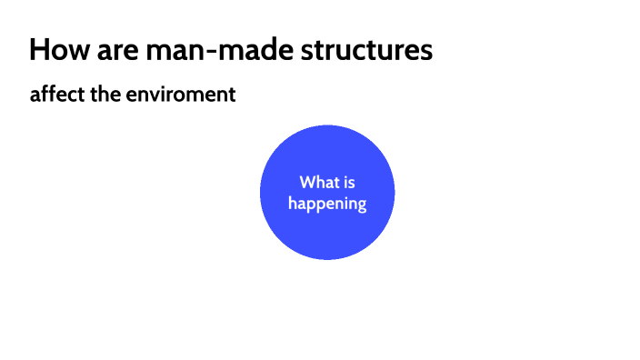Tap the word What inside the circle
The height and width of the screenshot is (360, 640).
[x=319, y=183]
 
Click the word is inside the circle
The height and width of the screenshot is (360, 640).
[x=349, y=183]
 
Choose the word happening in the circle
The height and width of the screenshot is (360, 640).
[x=327, y=204]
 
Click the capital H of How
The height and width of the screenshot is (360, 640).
[x=38, y=49]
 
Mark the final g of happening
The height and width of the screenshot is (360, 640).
[x=362, y=205]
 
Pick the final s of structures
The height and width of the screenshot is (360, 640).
[x=426, y=51]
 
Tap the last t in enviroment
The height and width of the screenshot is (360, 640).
[x=233, y=95]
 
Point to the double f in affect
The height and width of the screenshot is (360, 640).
[x=48, y=94]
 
